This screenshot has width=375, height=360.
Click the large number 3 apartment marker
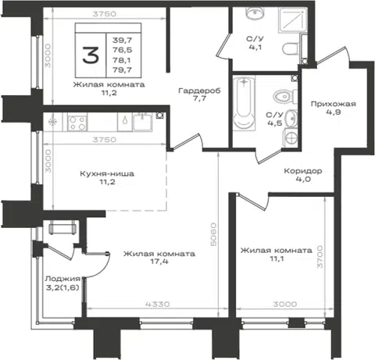point(91,55)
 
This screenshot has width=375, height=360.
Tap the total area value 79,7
point(123,70)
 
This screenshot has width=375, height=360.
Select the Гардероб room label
point(199,91)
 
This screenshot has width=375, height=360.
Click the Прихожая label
point(334,104)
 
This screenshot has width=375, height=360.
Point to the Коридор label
point(303,171)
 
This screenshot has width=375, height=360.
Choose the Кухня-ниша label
point(107,173)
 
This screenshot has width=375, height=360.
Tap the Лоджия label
point(62,279)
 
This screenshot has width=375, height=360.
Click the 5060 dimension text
point(213,234)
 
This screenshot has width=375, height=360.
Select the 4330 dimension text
point(158,304)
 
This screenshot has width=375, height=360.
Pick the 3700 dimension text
point(320,256)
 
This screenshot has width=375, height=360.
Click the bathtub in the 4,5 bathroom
point(244,103)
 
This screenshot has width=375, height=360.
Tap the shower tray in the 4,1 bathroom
point(293,20)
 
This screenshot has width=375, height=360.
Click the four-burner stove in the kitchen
point(77,123)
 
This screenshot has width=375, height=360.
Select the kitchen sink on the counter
point(142,122)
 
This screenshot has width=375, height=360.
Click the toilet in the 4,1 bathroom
point(290,49)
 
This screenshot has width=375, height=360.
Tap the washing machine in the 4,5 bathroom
point(291,137)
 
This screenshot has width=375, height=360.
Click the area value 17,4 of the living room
point(159,262)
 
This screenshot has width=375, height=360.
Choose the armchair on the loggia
point(62,227)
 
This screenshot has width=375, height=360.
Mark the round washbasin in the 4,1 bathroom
point(255,12)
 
